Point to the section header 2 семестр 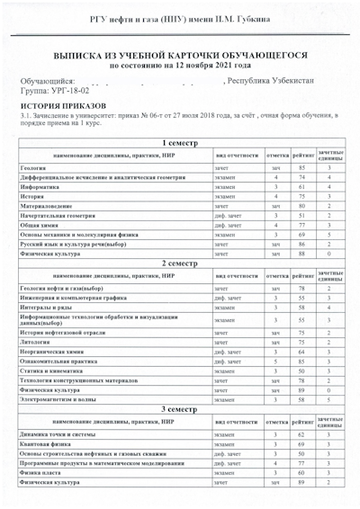point(180,263)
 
